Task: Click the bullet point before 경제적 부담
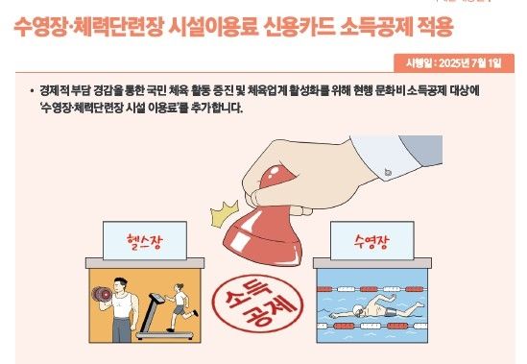[32, 88]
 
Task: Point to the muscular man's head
[120, 282]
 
